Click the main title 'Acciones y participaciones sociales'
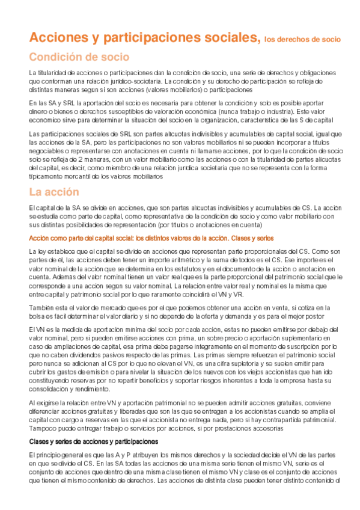(145, 38)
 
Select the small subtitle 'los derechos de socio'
(302, 40)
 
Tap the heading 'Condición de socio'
(79, 58)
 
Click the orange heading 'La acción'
(54, 192)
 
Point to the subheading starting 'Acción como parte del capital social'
(143, 238)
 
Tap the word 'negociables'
(46, 151)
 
